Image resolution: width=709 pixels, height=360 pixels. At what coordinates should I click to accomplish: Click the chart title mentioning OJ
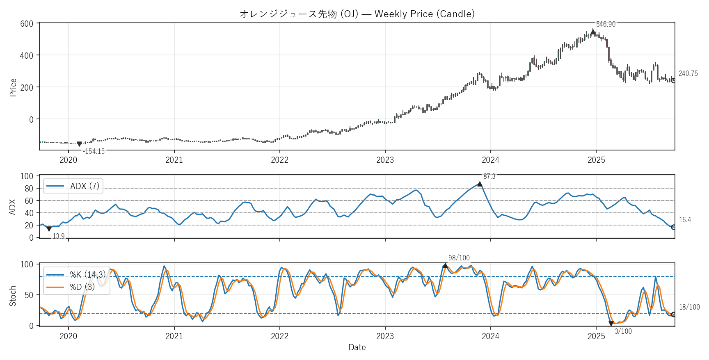[357, 14]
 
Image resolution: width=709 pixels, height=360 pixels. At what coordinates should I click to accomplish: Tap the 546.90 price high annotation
[606, 24]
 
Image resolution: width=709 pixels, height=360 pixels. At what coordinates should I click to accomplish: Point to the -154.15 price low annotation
[94, 151]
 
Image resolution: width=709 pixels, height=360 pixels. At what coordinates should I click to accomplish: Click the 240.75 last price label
[688, 73]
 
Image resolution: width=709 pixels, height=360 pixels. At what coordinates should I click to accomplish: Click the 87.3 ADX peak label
[489, 176]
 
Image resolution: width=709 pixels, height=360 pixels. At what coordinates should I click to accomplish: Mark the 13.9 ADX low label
[59, 236]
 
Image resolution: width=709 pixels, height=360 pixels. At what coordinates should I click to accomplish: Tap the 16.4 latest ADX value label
[685, 220]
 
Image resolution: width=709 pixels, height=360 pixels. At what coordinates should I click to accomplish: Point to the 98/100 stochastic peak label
[459, 258]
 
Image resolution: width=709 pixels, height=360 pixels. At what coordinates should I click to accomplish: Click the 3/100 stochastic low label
[623, 331]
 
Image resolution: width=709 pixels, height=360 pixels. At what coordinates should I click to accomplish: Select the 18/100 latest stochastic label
[689, 307]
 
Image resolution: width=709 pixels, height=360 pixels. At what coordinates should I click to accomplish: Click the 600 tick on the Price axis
[27, 24]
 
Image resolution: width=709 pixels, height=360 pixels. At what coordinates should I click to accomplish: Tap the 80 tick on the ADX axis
[29, 189]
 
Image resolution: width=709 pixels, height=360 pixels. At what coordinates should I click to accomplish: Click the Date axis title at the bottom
[357, 347]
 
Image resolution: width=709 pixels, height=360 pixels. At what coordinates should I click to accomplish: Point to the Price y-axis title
[13, 87]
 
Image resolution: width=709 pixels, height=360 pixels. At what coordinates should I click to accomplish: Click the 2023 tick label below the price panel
[385, 160]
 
